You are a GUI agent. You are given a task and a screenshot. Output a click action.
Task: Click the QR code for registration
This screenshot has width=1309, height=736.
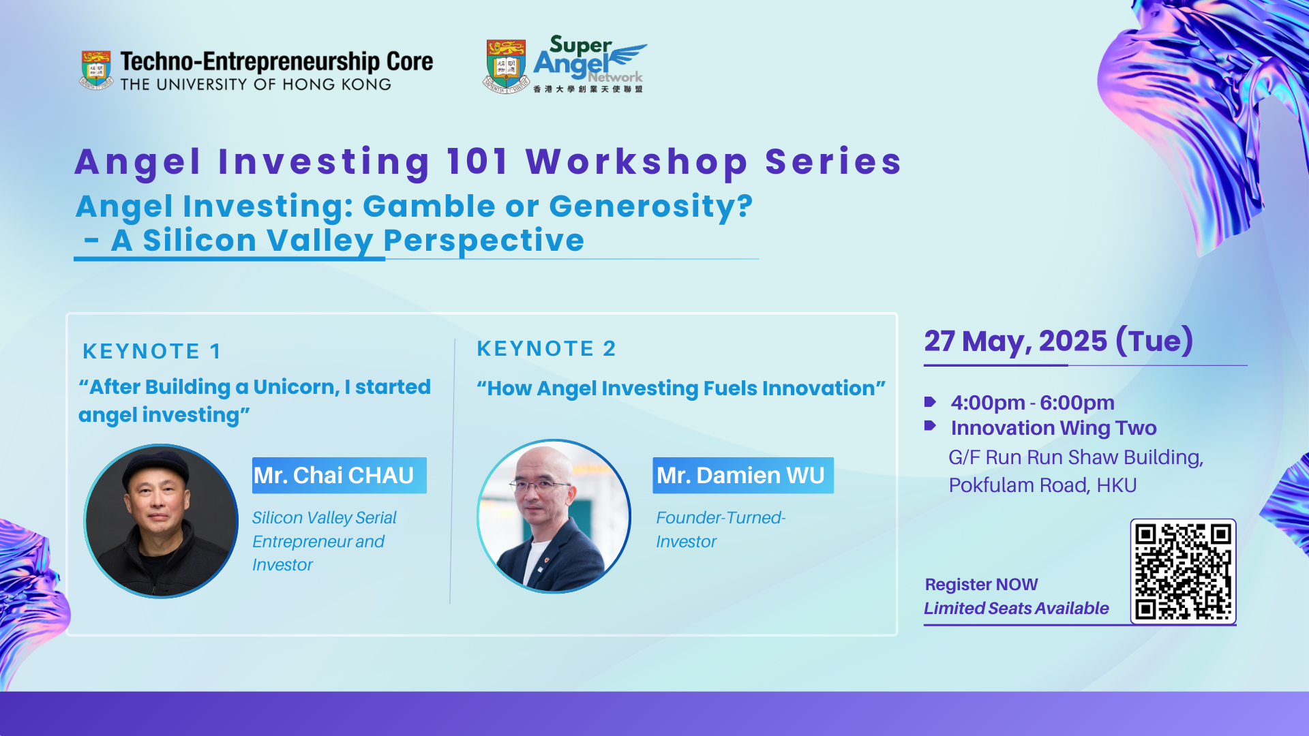point(1183,571)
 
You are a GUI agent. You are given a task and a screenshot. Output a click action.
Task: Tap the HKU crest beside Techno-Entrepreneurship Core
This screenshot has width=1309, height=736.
point(96,70)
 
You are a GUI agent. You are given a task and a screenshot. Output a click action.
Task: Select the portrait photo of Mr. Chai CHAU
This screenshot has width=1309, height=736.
point(161,521)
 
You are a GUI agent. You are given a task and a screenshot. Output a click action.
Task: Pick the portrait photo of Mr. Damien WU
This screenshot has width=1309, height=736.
point(554,516)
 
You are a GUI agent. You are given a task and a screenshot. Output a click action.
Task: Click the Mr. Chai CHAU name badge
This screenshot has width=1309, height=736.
point(339,475)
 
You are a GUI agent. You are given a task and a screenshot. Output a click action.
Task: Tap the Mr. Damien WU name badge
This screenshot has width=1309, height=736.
point(742,475)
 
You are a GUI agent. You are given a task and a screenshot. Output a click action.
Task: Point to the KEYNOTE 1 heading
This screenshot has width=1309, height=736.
point(152,351)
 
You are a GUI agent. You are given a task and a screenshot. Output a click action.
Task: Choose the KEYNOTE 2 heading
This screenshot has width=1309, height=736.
point(546,348)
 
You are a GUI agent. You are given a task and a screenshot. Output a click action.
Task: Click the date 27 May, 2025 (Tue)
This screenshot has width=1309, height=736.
point(1059,341)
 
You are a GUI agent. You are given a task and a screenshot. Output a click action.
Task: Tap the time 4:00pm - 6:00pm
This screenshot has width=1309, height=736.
point(1032,403)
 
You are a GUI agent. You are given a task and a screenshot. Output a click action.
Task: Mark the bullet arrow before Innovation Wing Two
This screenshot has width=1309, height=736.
point(930,426)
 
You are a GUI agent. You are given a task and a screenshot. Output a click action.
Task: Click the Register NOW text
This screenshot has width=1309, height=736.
point(981,585)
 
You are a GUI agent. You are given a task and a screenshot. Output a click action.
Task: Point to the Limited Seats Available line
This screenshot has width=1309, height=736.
point(1016,608)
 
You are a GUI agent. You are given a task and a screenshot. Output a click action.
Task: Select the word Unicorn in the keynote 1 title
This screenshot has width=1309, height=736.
point(296,387)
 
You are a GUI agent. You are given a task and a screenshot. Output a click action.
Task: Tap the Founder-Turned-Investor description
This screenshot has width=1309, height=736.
point(721,530)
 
